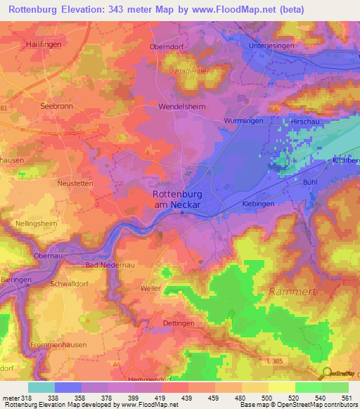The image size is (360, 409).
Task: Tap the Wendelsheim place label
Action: pyautogui.click(x=181, y=110)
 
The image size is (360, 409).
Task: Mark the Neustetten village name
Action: pyautogui.click(x=75, y=181)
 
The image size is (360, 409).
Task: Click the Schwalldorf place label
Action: pyautogui.click(x=70, y=284)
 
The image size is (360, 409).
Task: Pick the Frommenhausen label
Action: pyautogui.click(x=58, y=346)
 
